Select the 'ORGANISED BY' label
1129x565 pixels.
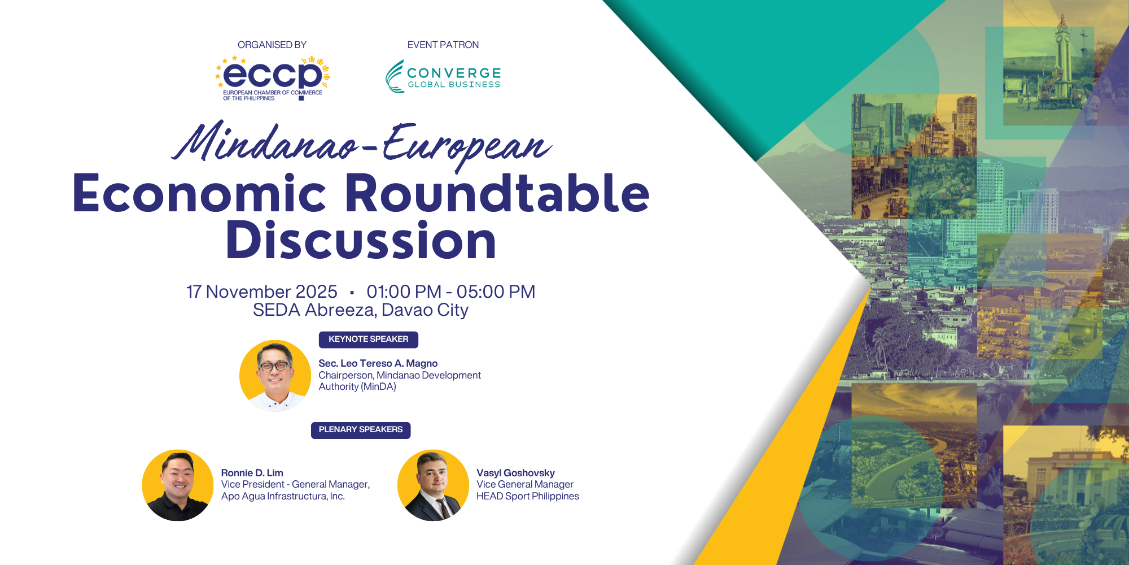tap(272, 45)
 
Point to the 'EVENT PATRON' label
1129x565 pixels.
tap(443, 45)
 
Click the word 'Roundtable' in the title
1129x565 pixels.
tap(497, 193)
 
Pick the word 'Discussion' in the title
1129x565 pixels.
tap(361, 241)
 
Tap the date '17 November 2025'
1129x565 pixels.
tap(262, 292)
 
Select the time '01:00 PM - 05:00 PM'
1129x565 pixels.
tap(450, 292)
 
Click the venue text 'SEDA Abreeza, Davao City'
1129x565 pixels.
tap(361, 310)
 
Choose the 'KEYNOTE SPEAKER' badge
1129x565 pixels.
tap(368, 339)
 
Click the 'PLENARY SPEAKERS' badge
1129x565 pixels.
tap(361, 430)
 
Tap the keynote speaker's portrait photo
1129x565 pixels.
tap(275, 375)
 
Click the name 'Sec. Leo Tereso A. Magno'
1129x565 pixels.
tap(378, 363)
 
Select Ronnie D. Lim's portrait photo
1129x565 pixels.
tap(178, 485)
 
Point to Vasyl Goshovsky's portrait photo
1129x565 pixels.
tap(433, 485)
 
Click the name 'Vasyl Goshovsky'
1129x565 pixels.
tap(515, 473)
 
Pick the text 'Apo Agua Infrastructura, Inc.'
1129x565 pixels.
tap(283, 496)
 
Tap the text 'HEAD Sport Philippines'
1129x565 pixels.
tap(527, 496)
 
